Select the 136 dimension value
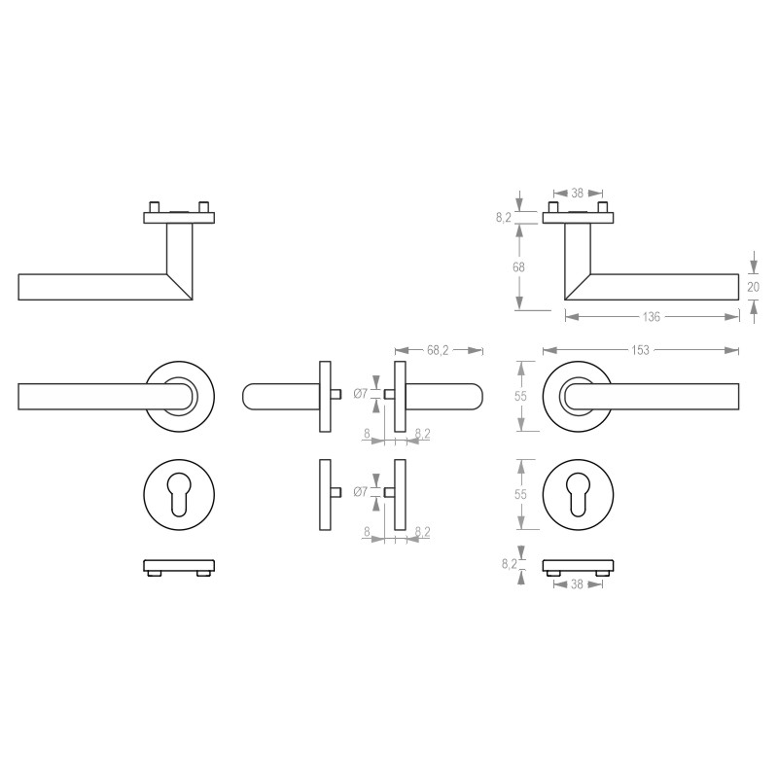coord(651,317)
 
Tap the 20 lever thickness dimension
coord(753,287)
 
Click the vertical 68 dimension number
coord(520,266)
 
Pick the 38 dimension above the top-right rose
coord(578,193)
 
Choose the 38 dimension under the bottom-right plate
coord(578,585)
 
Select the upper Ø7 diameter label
coord(360,394)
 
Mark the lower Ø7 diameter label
coord(360,492)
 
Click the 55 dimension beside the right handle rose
coord(520,396)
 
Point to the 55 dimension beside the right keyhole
coord(520,494)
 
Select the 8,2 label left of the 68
coord(503,218)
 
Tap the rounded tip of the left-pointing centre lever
coord(249,395)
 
